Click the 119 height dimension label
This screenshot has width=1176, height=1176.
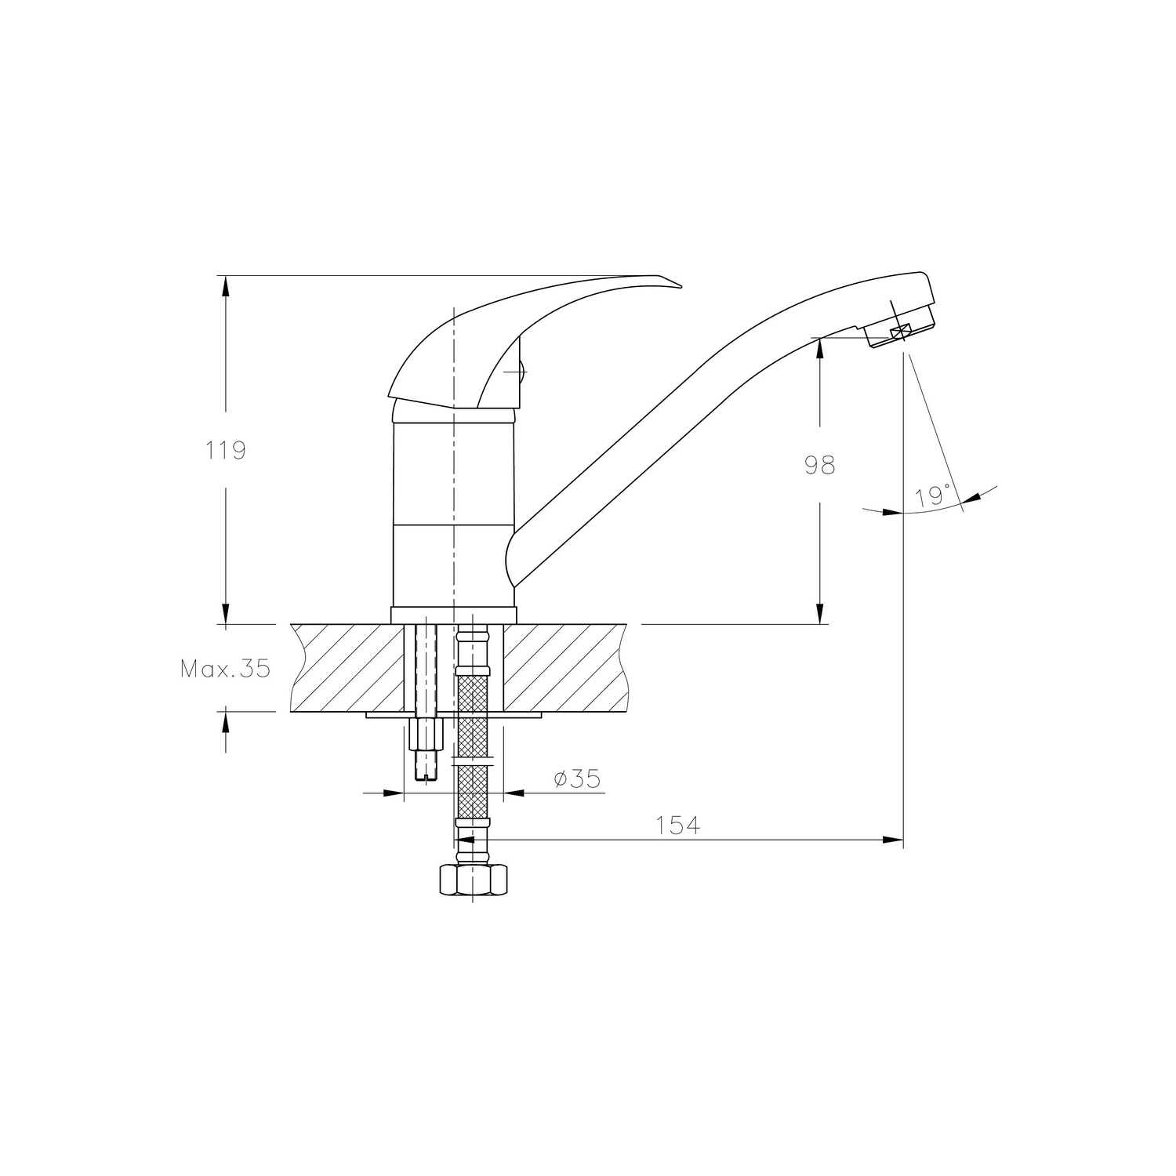coord(226,451)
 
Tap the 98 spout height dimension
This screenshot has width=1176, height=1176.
coord(820,465)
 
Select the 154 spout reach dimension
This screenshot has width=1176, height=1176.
coord(677,825)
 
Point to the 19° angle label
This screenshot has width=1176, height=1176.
coord(932,495)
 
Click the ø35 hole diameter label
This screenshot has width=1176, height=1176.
coord(576,779)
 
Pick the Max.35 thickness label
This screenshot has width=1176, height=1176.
coord(225,669)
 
